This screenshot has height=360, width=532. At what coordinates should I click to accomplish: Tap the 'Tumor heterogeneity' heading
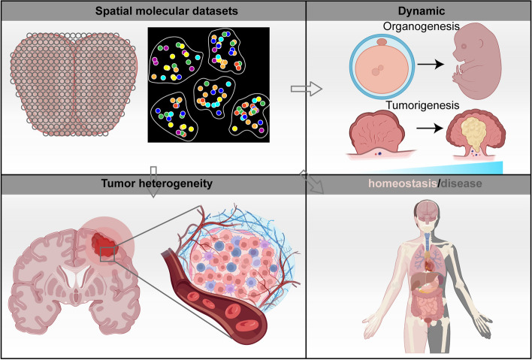point(153,183)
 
